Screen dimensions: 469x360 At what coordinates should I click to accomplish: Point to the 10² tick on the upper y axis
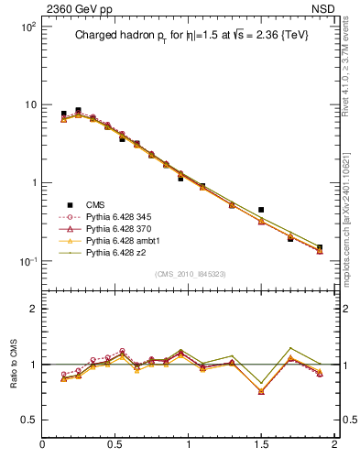pos(28,27)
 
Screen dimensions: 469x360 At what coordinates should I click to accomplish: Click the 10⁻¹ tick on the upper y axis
pos(28,261)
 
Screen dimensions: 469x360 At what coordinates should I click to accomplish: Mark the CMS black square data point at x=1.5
pos(261,210)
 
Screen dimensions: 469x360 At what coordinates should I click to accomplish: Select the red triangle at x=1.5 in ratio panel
pos(261,391)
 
